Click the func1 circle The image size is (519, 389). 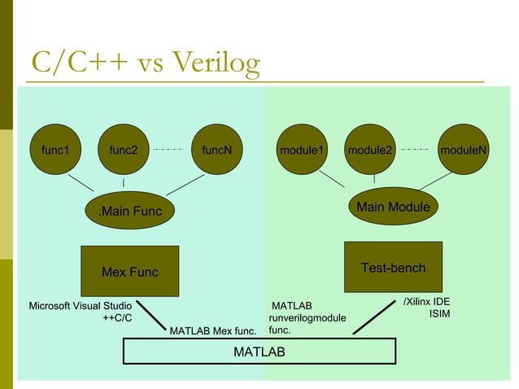[56, 150]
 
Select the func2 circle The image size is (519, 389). [124, 150]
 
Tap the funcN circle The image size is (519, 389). [217, 150]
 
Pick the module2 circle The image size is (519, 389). [370, 150]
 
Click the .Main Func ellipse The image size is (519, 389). [130, 212]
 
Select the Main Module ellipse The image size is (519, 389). [394, 208]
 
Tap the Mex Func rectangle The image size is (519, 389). [130, 271]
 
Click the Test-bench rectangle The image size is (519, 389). [393, 267]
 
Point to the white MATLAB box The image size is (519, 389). [259, 351]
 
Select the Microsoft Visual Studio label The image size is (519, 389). [81, 306]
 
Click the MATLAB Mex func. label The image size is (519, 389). [212, 331]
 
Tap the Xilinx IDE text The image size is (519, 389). [427, 302]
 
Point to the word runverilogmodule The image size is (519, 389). [307, 318]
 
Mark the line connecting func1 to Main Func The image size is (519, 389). [81, 183]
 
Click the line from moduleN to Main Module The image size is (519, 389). [447, 181]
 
